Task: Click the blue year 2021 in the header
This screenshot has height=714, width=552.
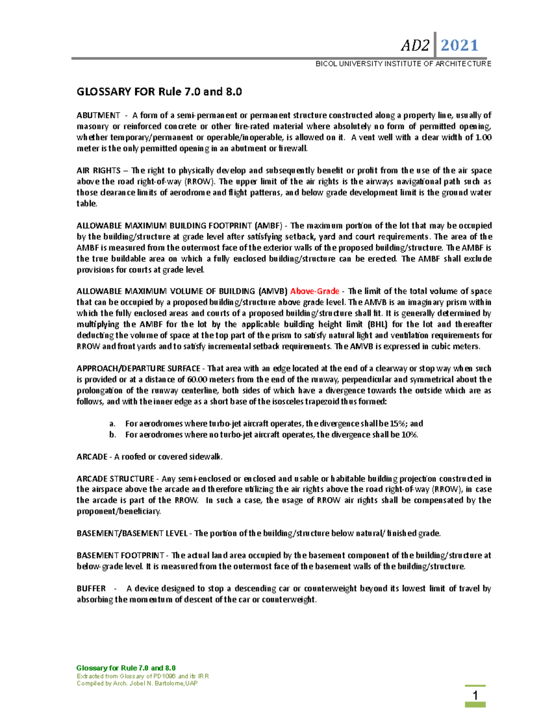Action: [x=460, y=45]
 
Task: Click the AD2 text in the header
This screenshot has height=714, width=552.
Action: [x=415, y=46]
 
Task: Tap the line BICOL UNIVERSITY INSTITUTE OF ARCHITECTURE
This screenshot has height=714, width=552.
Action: [x=403, y=64]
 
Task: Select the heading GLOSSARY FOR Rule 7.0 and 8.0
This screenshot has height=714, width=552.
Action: [x=159, y=91]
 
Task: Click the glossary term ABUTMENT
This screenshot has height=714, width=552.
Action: [x=98, y=115]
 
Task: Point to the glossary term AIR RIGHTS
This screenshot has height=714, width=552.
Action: [x=98, y=171]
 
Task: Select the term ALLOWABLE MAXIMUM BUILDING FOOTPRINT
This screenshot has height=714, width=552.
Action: [x=164, y=226]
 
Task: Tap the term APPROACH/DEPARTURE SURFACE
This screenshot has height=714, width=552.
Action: [x=138, y=369]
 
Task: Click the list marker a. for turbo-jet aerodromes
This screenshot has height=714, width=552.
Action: [x=113, y=424]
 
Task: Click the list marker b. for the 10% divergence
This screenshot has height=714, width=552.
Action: [x=113, y=435]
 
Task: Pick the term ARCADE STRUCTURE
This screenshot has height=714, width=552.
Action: [x=115, y=479]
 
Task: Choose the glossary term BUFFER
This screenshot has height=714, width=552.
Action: [x=91, y=588]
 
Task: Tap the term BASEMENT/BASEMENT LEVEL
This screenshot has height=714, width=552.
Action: [x=132, y=533]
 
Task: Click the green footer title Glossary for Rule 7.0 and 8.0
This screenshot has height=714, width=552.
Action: [x=126, y=668]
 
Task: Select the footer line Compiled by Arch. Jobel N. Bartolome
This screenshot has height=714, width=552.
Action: [x=137, y=684]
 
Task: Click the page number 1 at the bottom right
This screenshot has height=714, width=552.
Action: [x=475, y=695]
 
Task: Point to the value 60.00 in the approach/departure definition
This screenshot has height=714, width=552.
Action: [x=198, y=380]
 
